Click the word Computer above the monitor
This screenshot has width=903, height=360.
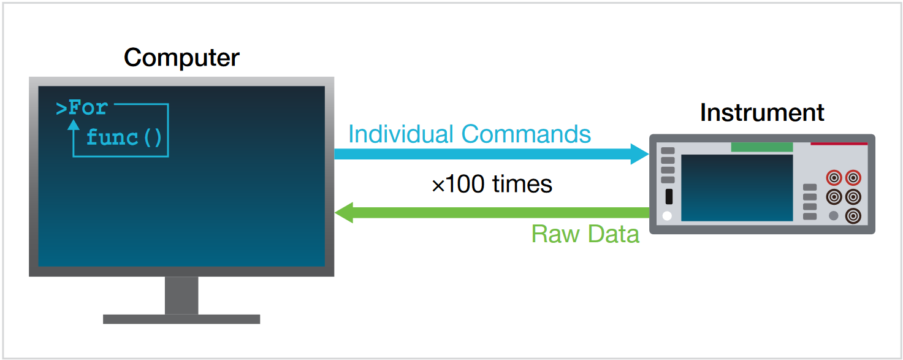pos(181,58)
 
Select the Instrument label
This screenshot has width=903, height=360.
pos(762,113)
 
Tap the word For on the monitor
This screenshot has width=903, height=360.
pos(88,108)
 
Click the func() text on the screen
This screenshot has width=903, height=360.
pos(124,137)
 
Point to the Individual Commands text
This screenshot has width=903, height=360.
pos(470,134)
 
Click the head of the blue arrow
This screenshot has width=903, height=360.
pos(640,153)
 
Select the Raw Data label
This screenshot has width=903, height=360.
pos(585,234)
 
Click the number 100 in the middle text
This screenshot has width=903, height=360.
pos(470,185)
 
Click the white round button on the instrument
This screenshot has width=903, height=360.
pos(668,216)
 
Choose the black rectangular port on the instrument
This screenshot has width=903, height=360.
pos(668,197)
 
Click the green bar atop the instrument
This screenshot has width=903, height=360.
pos(761,147)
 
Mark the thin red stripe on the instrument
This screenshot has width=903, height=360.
pos(839,144)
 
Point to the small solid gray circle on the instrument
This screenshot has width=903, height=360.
pos(834,215)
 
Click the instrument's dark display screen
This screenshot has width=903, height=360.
pos(737,188)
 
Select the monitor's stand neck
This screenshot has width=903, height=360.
pos(181,295)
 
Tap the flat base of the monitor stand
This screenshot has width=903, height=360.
pos(181,319)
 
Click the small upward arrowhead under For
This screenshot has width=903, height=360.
pos(74,124)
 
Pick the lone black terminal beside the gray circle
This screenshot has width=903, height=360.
pos(852,215)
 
